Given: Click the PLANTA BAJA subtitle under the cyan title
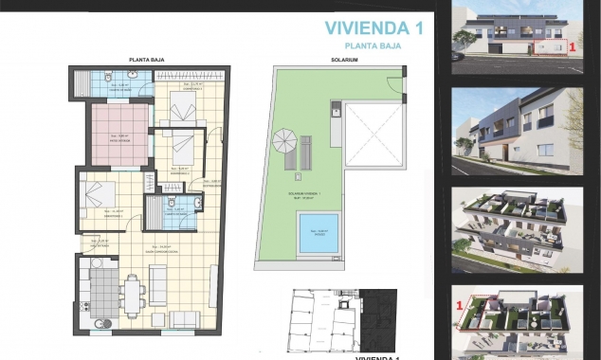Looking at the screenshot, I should pos(373,45).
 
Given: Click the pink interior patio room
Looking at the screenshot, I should pos(119,135).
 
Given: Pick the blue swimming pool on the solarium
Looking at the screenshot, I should pos(320,233).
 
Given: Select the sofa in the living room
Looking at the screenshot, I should pos(159,284).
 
